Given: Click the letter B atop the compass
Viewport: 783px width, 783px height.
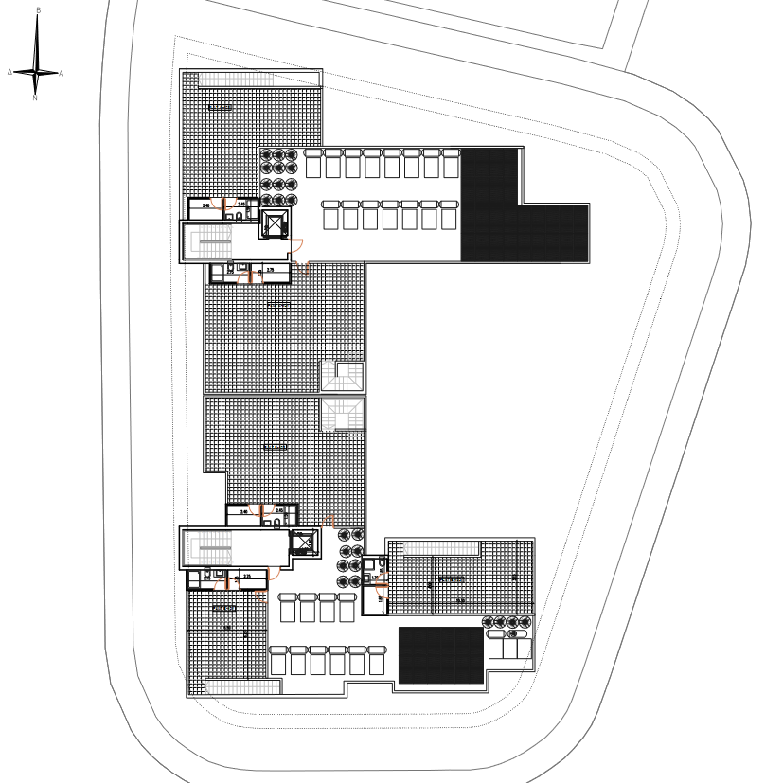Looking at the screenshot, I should point(38,10).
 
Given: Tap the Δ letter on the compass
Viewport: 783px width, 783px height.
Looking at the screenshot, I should point(9,72).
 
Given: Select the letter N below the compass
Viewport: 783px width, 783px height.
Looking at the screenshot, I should point(35,98).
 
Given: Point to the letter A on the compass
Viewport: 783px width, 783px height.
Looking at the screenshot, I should point(62,73).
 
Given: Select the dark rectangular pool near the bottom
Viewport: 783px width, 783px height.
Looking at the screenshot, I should point(440,654).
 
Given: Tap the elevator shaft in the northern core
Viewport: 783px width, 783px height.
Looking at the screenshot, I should point(275,225).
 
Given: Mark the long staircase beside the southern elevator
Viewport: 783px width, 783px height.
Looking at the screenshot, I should point(211,547).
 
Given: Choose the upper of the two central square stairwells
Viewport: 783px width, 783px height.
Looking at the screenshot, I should point(342,376).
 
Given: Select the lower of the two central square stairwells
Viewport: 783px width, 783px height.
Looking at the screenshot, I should point(342,415).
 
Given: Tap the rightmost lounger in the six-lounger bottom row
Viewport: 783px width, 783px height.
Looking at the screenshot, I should point(377,660).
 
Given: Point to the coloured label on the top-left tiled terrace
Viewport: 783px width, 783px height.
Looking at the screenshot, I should point(220,108).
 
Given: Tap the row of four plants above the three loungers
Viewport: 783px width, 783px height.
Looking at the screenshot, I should point(507,622).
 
